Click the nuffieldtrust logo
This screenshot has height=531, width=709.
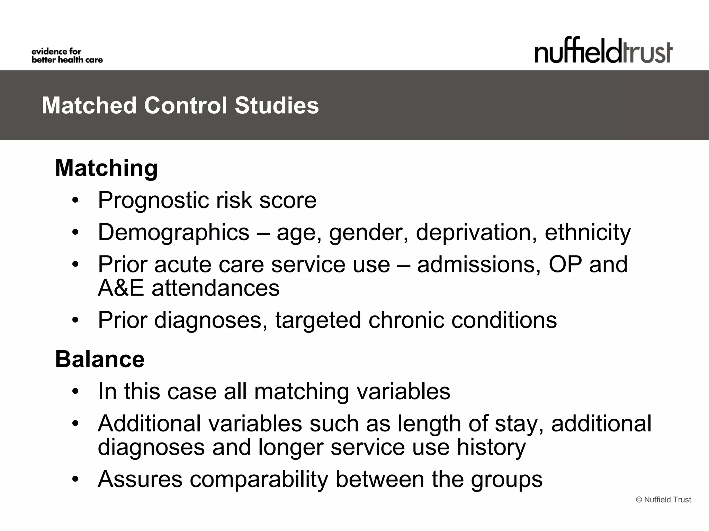pyautogui.click(x=603, y=51)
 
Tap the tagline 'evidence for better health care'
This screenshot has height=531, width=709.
pyautogui.click(x=67, y=56)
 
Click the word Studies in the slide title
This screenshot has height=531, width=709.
pyautogui.click(x=276, y=105)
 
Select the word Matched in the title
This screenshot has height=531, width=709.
pyautogui.click(x=89, y=105)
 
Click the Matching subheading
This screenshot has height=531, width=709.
pyautogui.click(x=106, y=168)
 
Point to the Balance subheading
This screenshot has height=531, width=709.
pyautogui.click(x=100, y=359)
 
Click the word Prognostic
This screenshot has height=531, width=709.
pyautogui.click(x=153, y=201)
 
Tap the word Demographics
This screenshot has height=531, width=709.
pyautogui.click(x=173, y=233)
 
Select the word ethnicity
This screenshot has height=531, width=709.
pyautogui.click(x=587, y=233)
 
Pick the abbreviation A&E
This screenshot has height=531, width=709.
pyautogui.click(x=120, y=288)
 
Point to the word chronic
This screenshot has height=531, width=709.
pyautogui.click(x=406, y=320)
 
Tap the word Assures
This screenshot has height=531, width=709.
pyautogui.click(x=140, y=479)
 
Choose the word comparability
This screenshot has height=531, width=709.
pyautogui.click(x=259, y=479)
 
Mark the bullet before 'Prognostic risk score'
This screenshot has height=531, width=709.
pyautogui.click(x=75, y=201)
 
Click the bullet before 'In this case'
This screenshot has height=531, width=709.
pyautogui.click(x=75, y=392)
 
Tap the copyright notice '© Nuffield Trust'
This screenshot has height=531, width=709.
pyautogui.click(x=663, y=500)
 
